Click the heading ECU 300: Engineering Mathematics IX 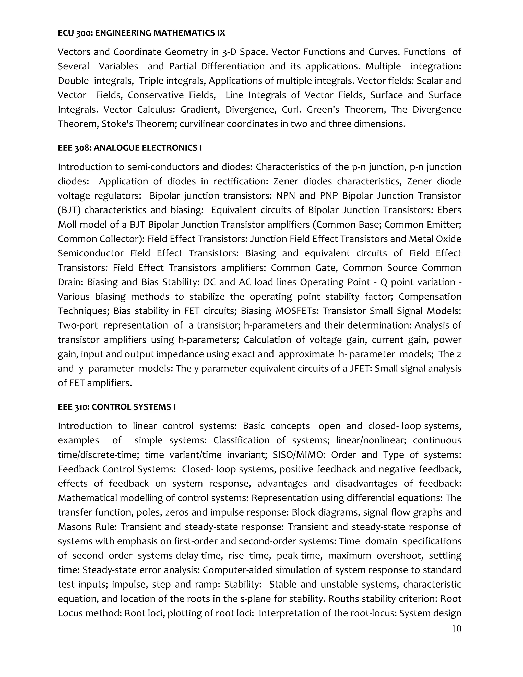141,33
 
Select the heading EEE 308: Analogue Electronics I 130,148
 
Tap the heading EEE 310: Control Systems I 117,407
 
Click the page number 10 456,629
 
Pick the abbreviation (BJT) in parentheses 69,211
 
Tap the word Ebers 449,211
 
